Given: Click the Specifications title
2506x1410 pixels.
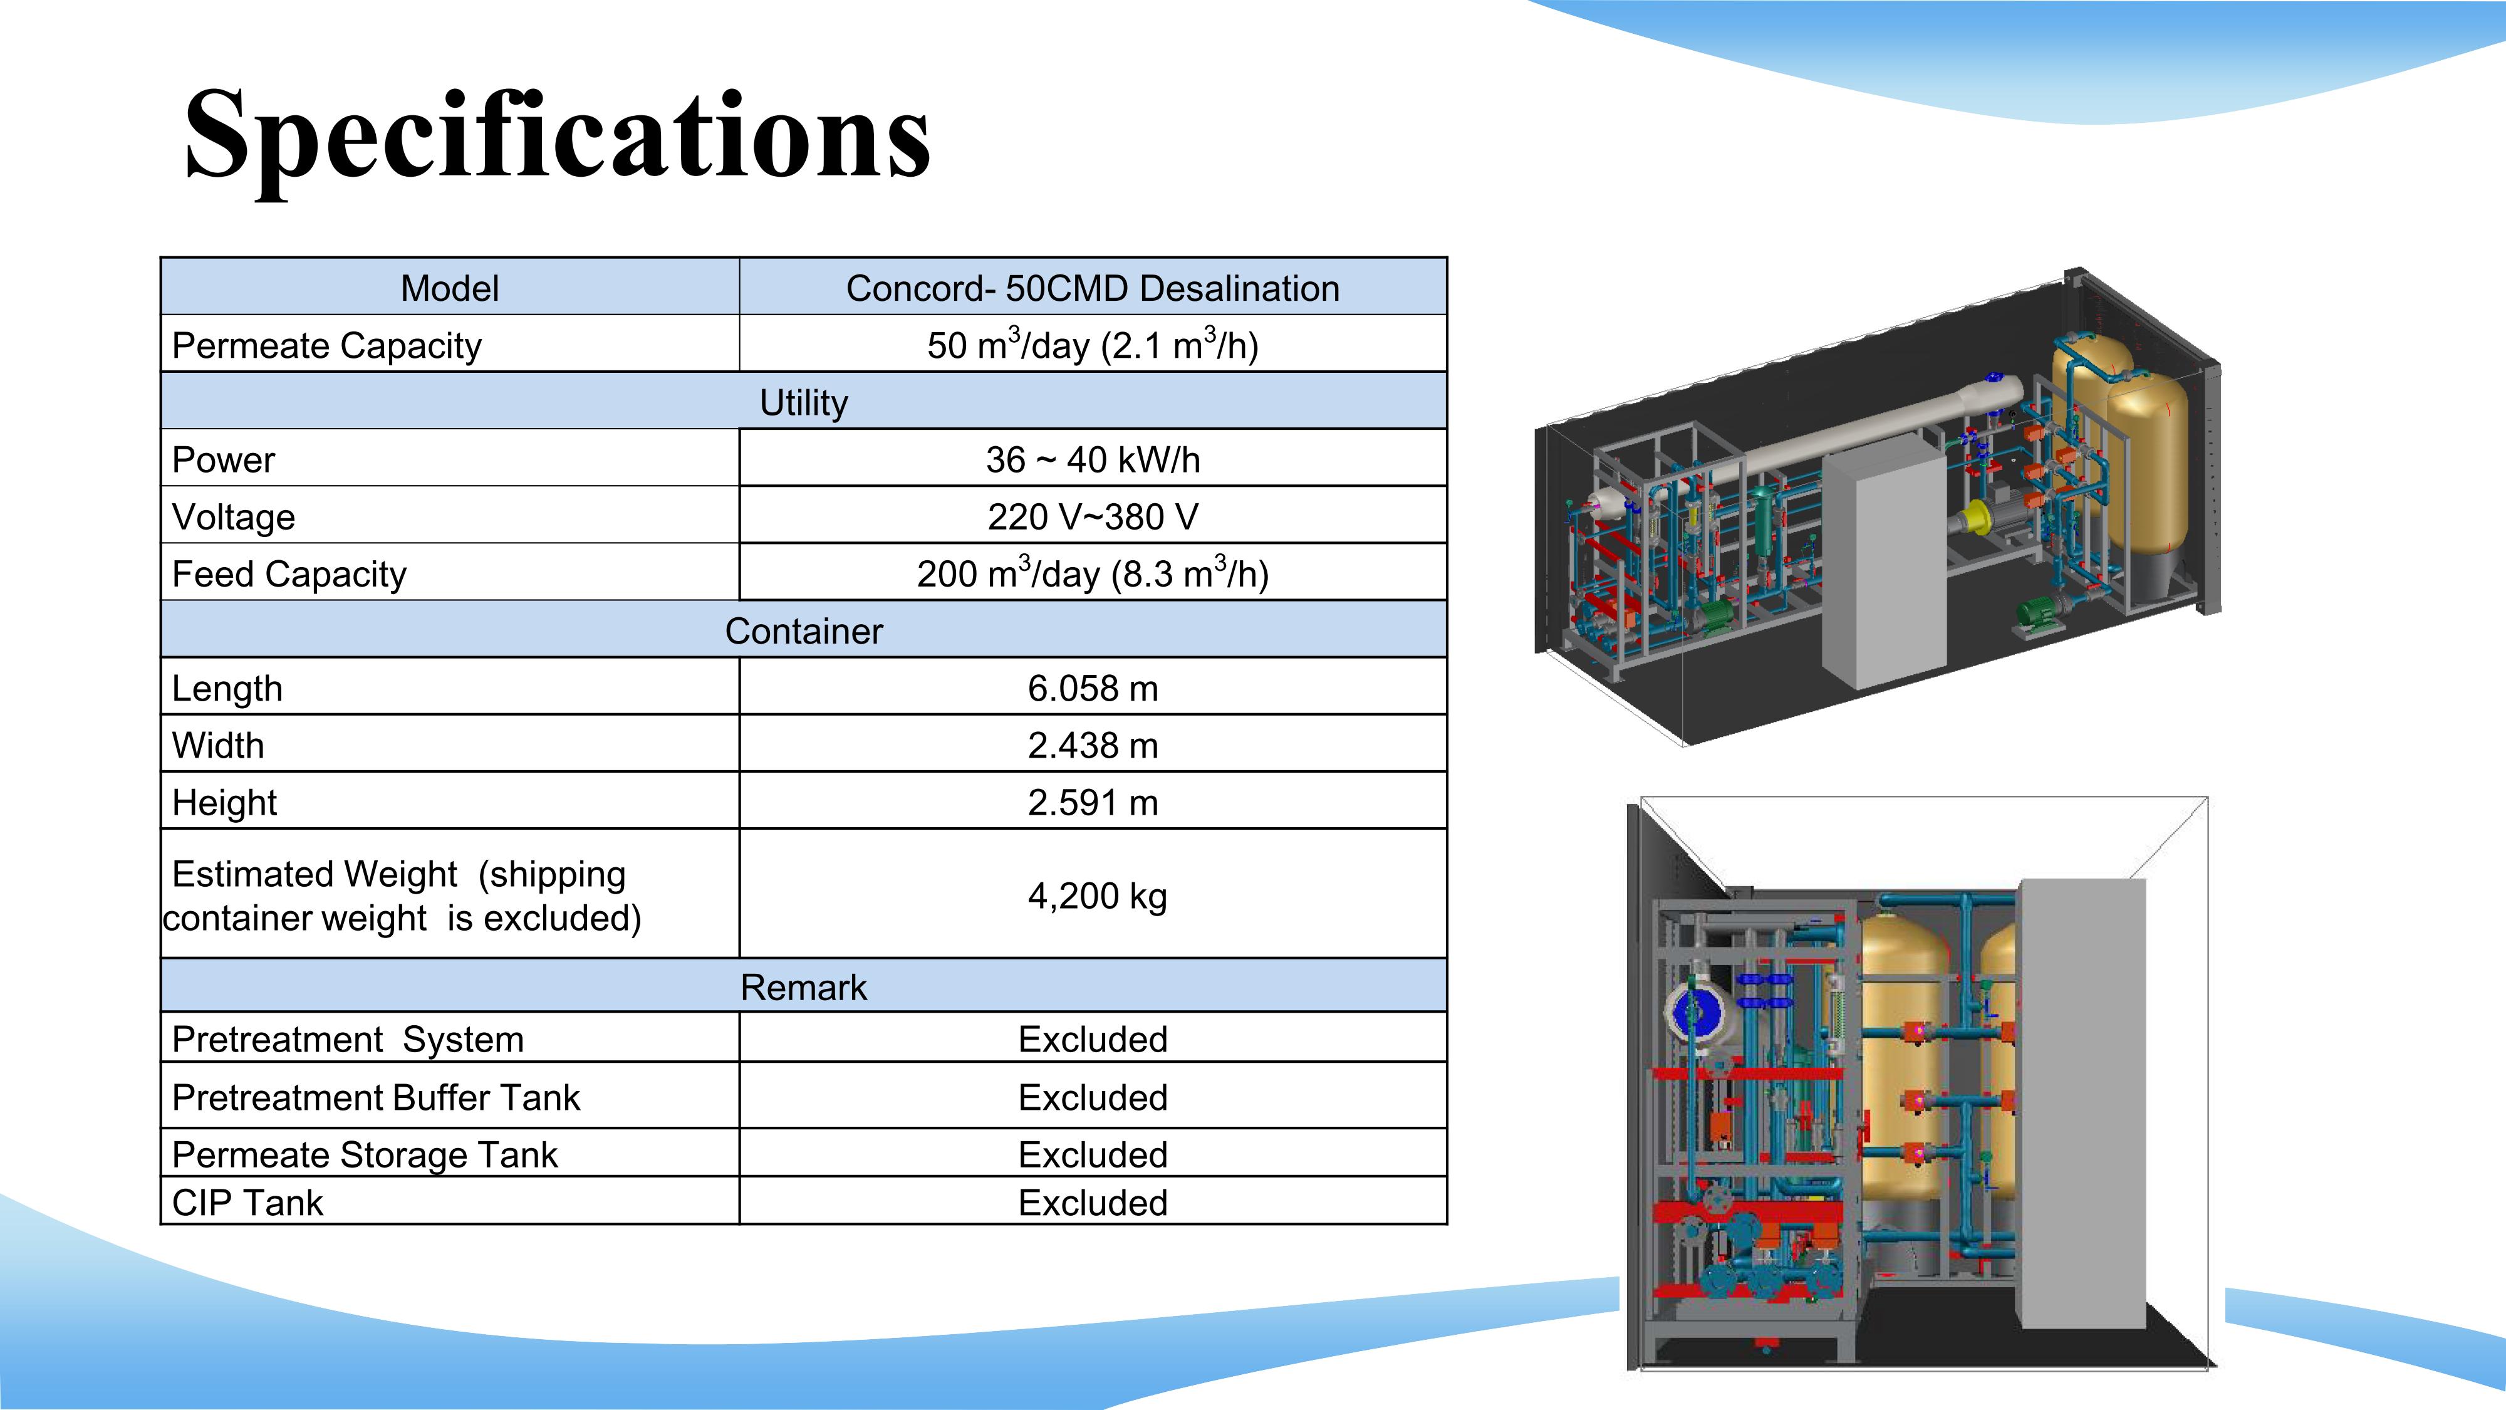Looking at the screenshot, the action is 558,136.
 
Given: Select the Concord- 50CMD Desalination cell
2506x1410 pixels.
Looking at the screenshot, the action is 1093,288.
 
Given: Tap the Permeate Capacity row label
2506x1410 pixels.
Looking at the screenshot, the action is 327,345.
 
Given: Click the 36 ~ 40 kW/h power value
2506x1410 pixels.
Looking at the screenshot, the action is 1093,459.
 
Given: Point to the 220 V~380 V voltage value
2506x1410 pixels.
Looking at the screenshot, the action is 1093,517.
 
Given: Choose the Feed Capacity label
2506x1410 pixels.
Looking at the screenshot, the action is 289,574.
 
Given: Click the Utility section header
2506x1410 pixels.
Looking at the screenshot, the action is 804,402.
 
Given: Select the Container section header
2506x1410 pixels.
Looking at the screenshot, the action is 804,630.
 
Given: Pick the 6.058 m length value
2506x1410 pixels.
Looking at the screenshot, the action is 1093,688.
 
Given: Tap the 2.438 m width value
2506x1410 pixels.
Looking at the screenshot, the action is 1093,745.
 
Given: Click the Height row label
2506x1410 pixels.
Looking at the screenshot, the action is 225,803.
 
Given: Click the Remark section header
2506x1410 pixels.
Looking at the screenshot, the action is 804,987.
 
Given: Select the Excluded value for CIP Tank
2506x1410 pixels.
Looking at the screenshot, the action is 1093,1203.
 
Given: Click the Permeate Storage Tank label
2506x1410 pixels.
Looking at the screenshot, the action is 365,1155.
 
